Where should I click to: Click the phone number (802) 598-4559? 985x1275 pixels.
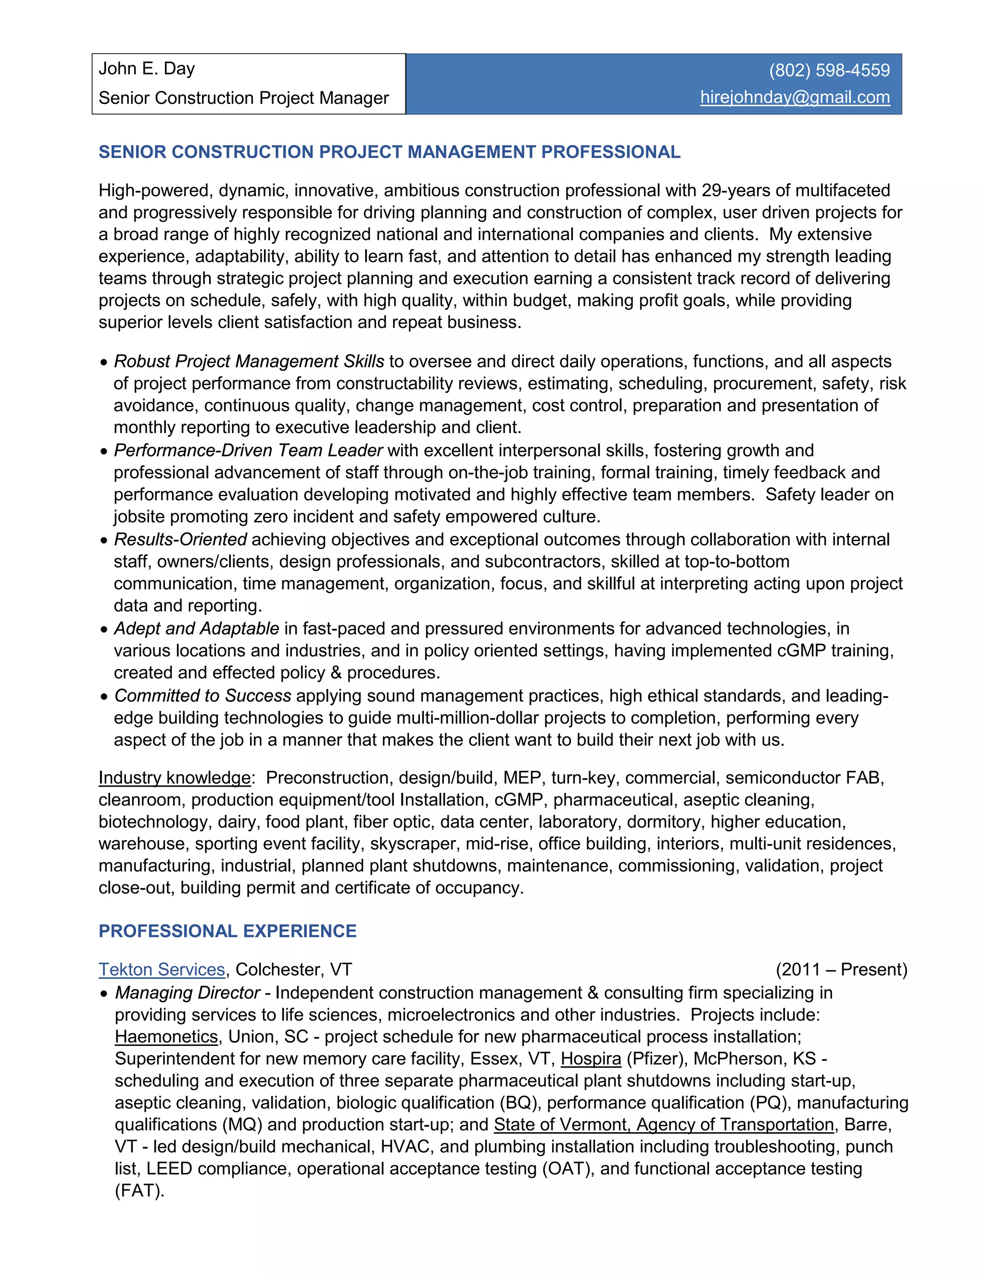point(829,71)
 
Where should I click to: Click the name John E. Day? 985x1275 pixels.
point(147,69)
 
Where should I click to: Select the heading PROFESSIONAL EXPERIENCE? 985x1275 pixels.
point(227,931)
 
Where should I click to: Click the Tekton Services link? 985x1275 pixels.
point(162,969)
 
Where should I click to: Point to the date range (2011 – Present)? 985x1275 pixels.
point(841,969)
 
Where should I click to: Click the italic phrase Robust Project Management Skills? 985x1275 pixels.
point(249,361)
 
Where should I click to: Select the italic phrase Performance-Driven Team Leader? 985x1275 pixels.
point(248,451)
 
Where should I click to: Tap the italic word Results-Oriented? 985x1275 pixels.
point(180,539)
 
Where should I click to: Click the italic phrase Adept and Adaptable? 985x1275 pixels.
point(196,629)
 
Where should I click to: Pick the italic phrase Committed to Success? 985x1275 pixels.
point(202,696)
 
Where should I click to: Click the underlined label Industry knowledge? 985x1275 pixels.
point(175,778)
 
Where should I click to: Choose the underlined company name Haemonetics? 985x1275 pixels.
point(166,1037)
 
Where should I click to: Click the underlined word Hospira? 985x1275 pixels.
point(591,1059)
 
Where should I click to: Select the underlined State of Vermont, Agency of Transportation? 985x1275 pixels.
point(663,1125)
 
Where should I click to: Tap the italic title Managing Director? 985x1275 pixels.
point(187,993)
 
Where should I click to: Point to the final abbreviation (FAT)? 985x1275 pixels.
point(139,1191)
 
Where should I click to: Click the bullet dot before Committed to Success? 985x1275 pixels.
point(104,697)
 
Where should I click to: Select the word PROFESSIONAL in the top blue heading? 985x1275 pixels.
point(610,152)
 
